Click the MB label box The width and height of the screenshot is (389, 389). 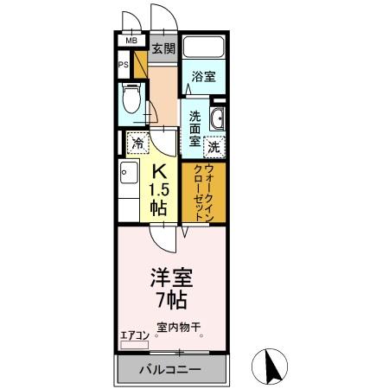[131, 40]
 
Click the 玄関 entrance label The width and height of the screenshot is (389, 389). [164, 48]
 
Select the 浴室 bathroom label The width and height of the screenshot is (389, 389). [204, 76]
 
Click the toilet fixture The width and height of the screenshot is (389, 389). [131, 100]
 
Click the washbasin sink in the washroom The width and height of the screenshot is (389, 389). [217, 120]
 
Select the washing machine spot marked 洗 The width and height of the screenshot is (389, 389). [213, 147]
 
